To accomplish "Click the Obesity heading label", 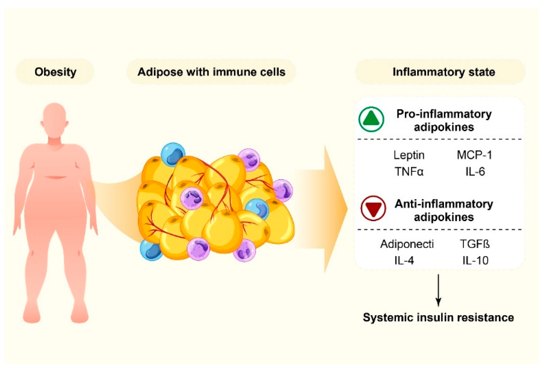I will point(55,72).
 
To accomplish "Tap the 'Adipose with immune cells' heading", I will point(211,72).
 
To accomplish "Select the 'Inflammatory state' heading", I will point(444,72).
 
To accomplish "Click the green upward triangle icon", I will point(371,119).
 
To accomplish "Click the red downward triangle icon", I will point(373,208).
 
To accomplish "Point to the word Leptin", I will point(409,155).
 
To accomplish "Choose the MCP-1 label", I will point(474,155).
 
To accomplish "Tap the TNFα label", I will point(409,172).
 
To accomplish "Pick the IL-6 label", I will point(475,172).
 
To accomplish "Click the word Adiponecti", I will point(407,244).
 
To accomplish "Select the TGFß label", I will point(475,244).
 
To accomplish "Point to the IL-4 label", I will point(404,260).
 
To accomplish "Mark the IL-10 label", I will point(475,260).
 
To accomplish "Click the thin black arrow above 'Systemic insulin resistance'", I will point(438,290).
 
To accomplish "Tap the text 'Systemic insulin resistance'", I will point(438,318).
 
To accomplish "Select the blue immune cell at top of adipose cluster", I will point(173,154).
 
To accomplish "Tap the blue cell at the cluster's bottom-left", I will point(151,250).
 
